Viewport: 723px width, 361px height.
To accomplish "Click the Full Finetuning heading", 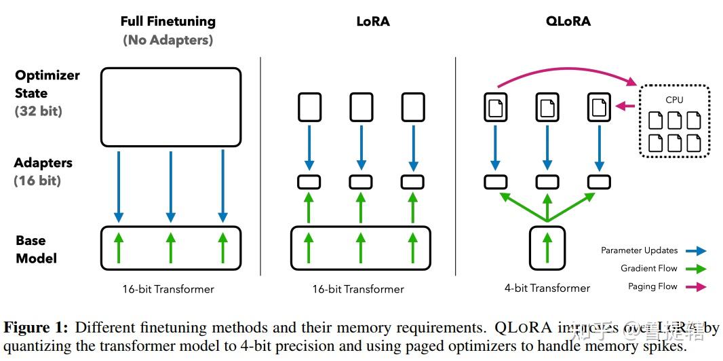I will (168, 21).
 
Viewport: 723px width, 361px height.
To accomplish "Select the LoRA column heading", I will (373, 21).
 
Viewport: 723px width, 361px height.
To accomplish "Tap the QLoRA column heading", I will (568, 21).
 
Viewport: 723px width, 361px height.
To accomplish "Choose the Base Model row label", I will (36, 249).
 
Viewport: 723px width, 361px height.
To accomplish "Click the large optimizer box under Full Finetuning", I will (170, 107).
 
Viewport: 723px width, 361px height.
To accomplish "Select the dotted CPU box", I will (674, 121).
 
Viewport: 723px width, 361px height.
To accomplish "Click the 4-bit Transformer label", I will (547, 288).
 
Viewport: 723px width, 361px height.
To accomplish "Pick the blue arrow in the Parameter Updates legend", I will (695, 250).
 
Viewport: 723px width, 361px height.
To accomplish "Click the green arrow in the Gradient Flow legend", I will (695, 269).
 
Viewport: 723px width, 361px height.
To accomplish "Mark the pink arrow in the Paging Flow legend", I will (695, 287).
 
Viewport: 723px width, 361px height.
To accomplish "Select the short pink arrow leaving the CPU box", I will (625, 107).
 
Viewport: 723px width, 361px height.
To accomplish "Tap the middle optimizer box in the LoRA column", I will (361, 107).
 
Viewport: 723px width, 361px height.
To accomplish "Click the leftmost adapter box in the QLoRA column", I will (495, 182).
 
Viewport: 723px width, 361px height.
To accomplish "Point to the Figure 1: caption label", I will (35, 328).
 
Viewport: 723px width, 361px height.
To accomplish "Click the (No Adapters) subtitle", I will (168, 40).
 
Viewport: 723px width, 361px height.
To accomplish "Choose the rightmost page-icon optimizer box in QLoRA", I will (599, 107).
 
